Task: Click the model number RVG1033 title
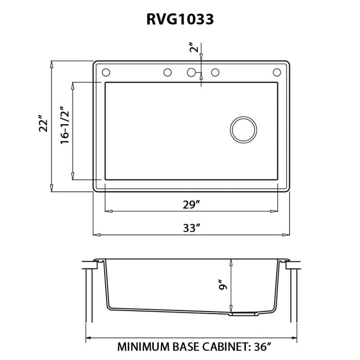[x=179, y=19]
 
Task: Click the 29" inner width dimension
[x=190, y=204]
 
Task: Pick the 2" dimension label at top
[x=193, y=49]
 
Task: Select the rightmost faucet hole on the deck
[x=277, y=73]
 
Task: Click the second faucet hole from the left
[x=167, y=73]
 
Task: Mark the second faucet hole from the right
[x=215, y=73]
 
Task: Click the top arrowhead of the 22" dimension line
[x=51, y=64]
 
